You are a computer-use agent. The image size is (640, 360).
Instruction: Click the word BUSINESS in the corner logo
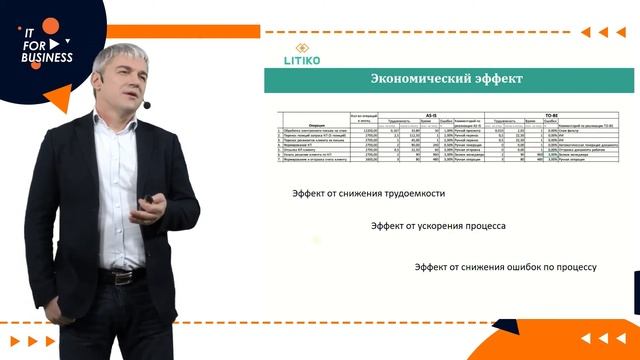tap(49, 58)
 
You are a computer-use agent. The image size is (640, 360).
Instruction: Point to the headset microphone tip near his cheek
tap(147, 104)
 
